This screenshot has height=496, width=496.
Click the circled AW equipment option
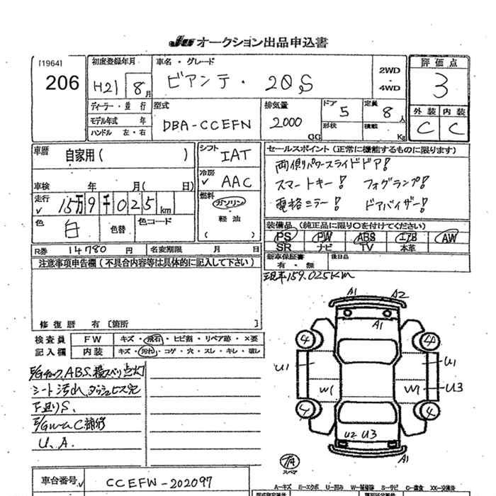447,237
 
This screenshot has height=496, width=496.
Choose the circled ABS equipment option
366,237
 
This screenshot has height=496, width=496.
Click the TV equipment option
366,247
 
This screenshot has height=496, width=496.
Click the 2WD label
390,71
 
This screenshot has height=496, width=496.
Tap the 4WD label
390,88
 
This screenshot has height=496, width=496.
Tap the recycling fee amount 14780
90,249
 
